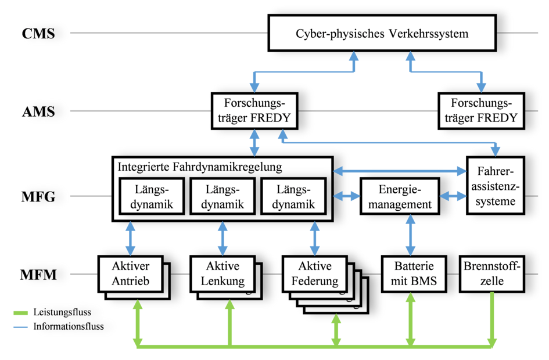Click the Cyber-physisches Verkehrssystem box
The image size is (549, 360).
click(x=382, y=33)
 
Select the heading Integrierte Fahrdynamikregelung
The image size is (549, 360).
click(x=200, y=167)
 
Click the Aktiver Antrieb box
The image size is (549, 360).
click(x=129, y=274)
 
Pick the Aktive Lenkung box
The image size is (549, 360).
click(x=223, y=274)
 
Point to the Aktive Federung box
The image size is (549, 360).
click(x=314, y=274)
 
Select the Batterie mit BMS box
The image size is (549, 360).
click(x=413, y=274)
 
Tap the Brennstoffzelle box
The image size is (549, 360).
click(x=492, y=274)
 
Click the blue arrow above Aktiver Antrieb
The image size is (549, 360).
click(x=130, y=237)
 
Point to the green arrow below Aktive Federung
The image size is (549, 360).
click(x=336, y=330)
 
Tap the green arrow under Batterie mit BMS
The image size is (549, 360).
click(x=412, y=319)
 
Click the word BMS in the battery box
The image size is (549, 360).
click(x=429, y=282)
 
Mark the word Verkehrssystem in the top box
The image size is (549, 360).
click(x=431, y=33)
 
